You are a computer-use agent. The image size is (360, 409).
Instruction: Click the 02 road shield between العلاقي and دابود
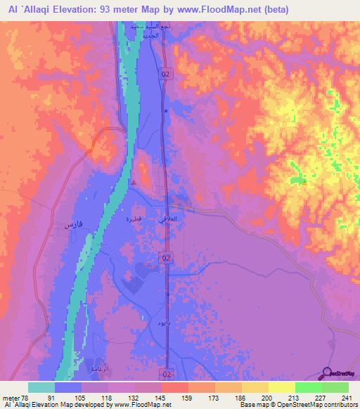[x=166, y=259]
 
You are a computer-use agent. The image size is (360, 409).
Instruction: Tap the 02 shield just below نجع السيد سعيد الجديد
[x=165, y=73]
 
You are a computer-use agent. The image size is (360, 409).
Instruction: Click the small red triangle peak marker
[x=134, y=183]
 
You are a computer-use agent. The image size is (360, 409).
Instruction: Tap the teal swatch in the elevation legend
[x=41, y=387]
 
